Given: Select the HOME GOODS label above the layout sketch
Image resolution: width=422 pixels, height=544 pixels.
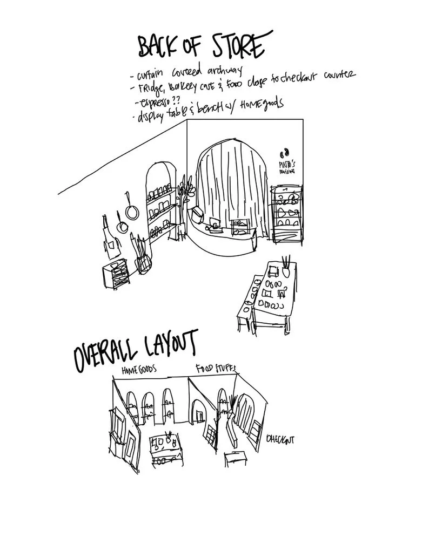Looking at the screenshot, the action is click(139, 370).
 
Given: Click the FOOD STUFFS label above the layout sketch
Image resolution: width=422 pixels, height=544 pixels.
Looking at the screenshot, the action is click(216, 369).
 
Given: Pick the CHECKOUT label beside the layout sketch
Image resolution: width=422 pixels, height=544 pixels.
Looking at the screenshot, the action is click(280, 440).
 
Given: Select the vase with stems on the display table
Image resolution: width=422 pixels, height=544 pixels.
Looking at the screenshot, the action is click(285, 266).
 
